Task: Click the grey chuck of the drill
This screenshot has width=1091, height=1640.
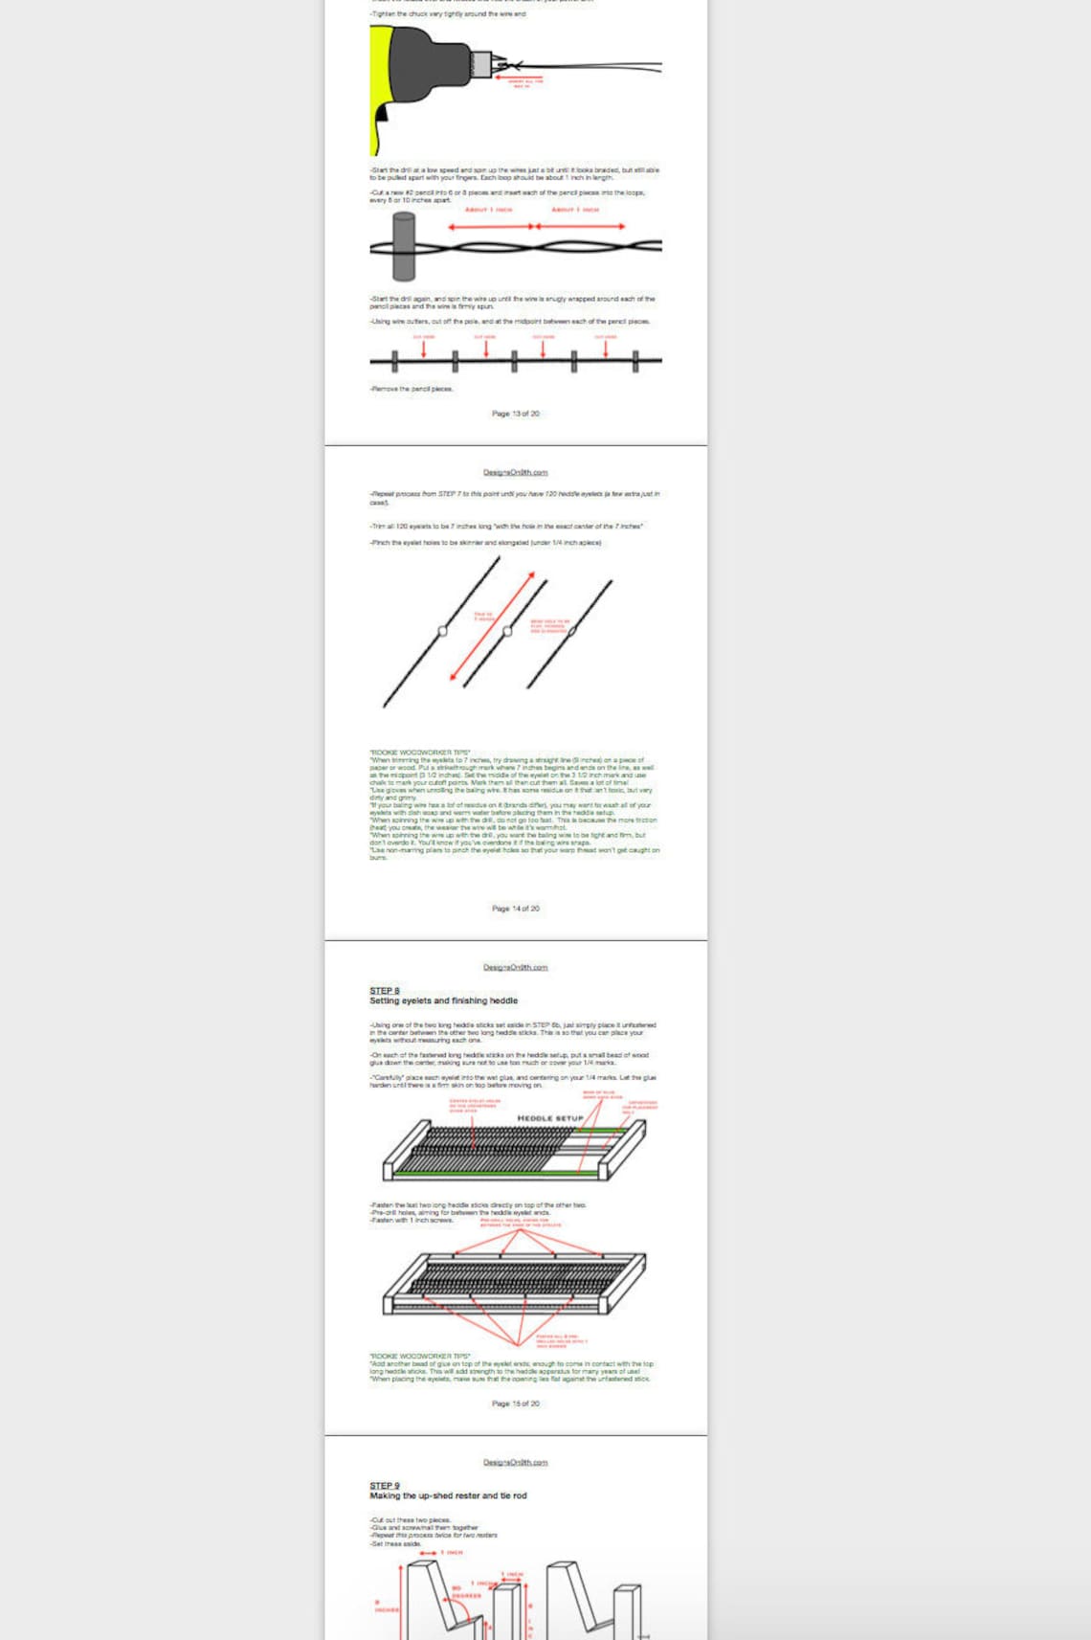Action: (481, 64)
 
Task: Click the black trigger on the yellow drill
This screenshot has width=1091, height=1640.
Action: (383, 113)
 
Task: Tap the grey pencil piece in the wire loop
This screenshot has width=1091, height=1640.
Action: (404, 245)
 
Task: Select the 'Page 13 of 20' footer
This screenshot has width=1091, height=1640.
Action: (516, 414)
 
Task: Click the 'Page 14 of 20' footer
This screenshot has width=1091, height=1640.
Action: (516, 909)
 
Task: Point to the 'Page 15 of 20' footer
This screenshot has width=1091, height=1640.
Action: (516, 1404)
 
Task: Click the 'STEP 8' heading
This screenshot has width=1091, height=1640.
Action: (385, 991)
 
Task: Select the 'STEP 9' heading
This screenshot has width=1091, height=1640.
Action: (385, 1486)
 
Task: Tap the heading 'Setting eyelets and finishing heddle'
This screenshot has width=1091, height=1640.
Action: (443, 1000)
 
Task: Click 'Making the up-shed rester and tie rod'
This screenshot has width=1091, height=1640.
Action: (448, 1495)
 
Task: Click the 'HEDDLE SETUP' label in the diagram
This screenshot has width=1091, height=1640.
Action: (550, 1118)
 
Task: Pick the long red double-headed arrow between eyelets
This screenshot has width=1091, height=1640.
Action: (492, 626)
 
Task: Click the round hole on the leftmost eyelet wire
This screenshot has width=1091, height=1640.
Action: (442, 631)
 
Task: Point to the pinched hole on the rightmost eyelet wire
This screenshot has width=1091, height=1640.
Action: (572, 632)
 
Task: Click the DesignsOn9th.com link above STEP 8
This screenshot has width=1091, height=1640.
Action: (516, 967)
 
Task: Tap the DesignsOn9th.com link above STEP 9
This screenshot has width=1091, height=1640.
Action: (516, 1462)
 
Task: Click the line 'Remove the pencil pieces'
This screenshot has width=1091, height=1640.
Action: (412, 389)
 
